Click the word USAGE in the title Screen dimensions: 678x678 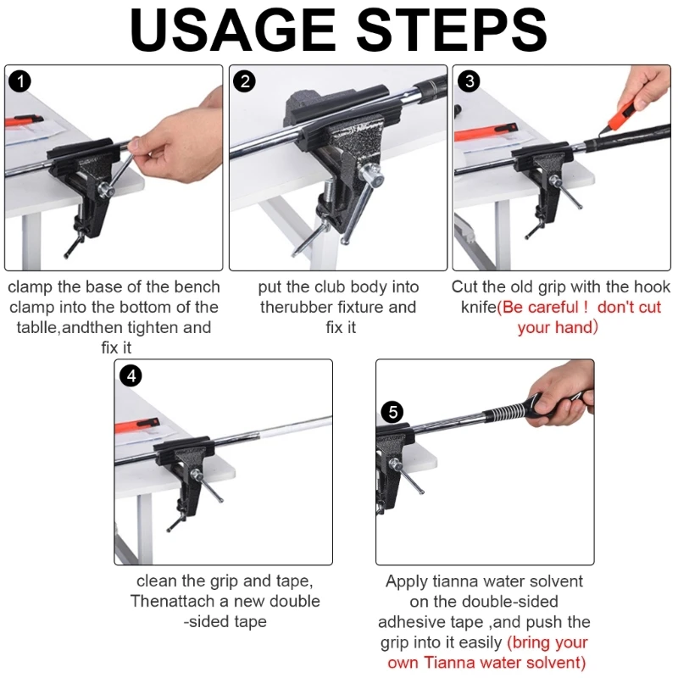[x=234, y=30]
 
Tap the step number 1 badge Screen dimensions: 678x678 [x=19, y=81]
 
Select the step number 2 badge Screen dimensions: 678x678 [x=244, y=81]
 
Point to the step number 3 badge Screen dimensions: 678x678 [x=470, y=81]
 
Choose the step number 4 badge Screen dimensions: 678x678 [x=131, y=375]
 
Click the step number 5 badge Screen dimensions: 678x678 [x=392, y=411]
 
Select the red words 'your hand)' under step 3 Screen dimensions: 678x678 [x=558, y=327]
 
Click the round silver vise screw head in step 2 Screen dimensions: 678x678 [x=373, y=176]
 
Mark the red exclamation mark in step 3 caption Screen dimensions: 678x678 [x=585, y=307]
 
